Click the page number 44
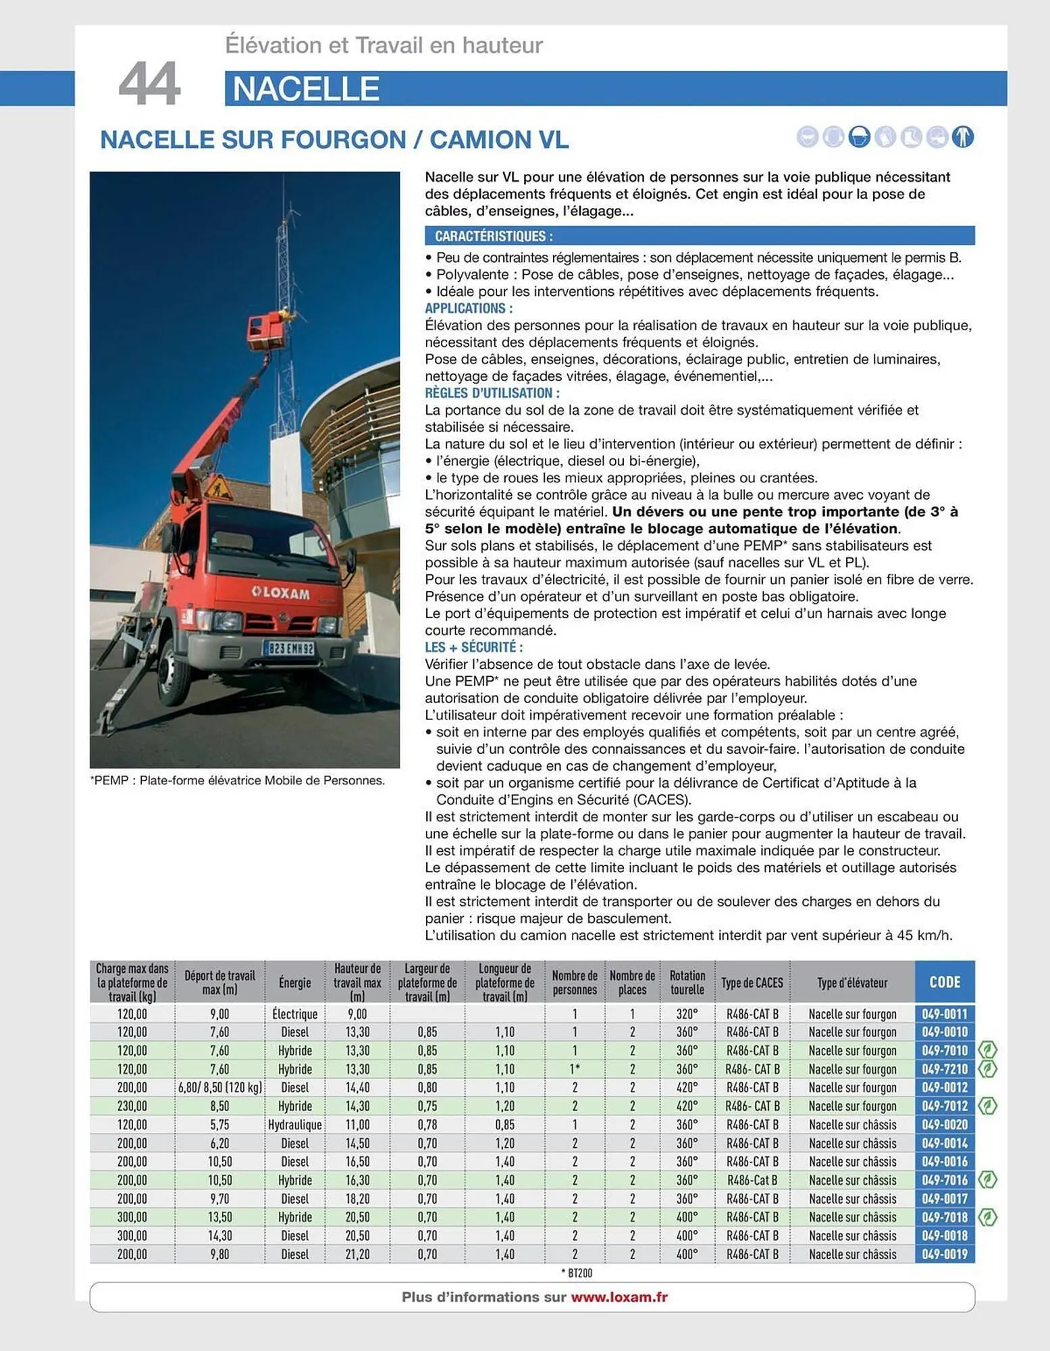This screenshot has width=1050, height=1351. pos(149,84)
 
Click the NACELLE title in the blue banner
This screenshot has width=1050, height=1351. pos(305,89)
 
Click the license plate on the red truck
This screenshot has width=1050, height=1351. pos(289,648)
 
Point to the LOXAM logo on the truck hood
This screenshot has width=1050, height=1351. pos(281,593)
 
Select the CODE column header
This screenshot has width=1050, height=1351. pos(944,982)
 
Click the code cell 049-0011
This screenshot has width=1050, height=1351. pos(944,1014)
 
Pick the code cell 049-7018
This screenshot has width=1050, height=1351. pos(944,1217)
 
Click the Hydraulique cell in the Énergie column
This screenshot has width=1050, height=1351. pos(295,1125)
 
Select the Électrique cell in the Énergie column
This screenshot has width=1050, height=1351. pos(295,1014)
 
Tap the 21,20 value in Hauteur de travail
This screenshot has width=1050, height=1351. pos(357,1254)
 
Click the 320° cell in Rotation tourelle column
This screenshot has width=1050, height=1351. pos(687,1014)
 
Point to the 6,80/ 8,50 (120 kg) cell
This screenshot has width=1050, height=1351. pos(219,1088)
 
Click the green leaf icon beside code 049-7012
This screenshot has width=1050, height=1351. pos(988,1106)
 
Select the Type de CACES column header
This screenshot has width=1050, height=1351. pos(752,983)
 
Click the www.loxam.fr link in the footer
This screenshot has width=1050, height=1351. pos(619,1297)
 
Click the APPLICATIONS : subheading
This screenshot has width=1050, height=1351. pos(469,309)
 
